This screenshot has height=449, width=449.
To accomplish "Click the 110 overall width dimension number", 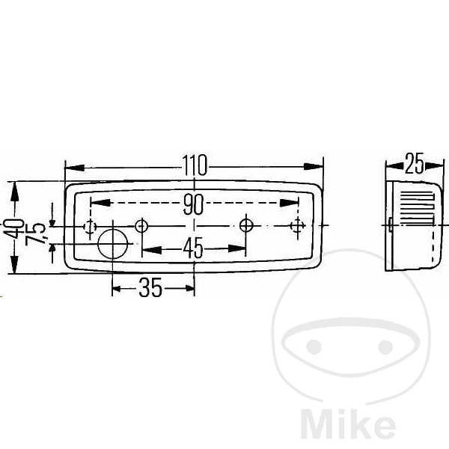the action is click(x=195, y=165).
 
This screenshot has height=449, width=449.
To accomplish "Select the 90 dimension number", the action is click(x=194, y=204).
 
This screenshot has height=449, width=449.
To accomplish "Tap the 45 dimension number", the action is click(x=193, y=248).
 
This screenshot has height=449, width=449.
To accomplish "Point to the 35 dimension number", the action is click(x=150, y=287).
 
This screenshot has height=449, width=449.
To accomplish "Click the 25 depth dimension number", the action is click(x=414, y=164).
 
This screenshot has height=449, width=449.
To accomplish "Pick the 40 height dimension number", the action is click(x=13, y=228).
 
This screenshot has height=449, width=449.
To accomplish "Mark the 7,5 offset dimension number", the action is click(x=35, y=234).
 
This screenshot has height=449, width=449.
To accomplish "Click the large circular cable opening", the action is click(x=112, y=244).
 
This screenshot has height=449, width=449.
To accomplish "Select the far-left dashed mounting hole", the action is click(x=90, y=227).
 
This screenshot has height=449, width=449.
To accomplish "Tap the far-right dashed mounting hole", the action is click(x=297, y=226).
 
